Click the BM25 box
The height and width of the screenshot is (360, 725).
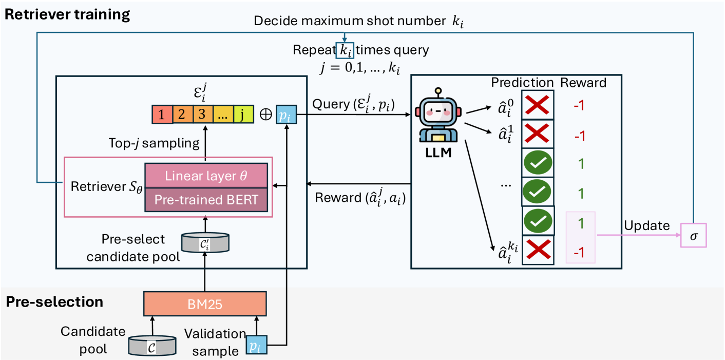coord(205,304)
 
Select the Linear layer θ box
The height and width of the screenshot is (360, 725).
coord(206,176)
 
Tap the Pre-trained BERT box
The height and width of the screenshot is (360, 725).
coord(206,199)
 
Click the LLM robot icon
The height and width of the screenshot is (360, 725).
coord(437,118)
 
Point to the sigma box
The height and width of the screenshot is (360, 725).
coord(693,235)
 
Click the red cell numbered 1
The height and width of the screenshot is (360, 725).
coord(162,115)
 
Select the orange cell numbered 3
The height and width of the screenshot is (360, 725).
coord(202,115)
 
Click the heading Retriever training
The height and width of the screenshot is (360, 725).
coord(67,14)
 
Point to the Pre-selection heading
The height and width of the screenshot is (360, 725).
coord(54,301)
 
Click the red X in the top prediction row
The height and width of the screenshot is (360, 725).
coord(538,106)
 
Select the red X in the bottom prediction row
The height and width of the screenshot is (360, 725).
coord(538,250)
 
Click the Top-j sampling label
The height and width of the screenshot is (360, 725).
coord(154,143)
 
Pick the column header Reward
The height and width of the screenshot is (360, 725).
coord(583,82)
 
